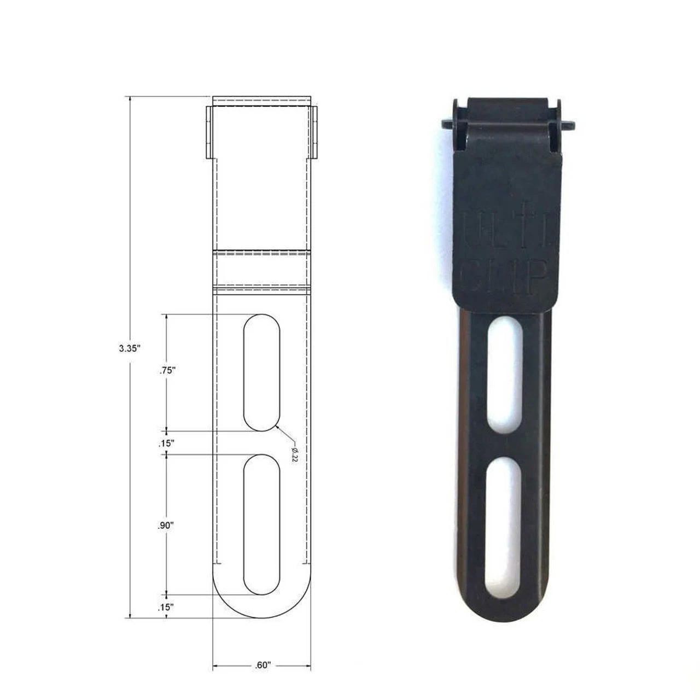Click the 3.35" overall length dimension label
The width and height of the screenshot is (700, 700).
tap(130, 348)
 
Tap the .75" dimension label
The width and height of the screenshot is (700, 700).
tap(166, 370)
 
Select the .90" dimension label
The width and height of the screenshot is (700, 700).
tap(166, 526)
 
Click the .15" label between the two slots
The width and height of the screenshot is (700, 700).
tap(166, 443)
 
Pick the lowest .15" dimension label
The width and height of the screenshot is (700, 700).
tap(166, 606)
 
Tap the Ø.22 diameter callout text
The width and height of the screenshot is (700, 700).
tap(294, 454)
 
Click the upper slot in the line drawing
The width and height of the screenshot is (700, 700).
tap(261, 372)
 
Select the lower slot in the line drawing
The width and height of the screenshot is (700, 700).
tap(261, 524)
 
